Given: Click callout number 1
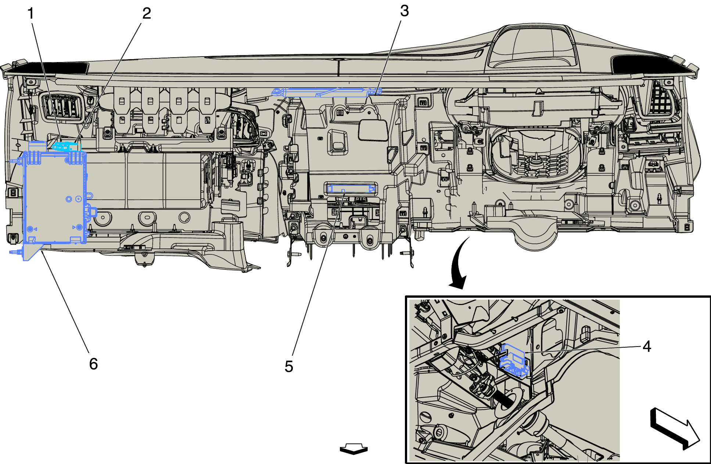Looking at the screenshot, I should coord(30,14).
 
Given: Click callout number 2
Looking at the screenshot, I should coord(147,14).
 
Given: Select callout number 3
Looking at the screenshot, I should coord(404,11).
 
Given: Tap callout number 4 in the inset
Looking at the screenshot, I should coord(647,347).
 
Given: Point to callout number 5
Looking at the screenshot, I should coord(289,367).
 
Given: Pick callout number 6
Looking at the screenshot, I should coord(93,364).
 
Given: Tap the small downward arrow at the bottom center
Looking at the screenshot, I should coord(353,449).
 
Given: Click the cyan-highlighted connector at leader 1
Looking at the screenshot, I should coord(66,146).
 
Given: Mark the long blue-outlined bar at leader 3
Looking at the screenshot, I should coord(327,92).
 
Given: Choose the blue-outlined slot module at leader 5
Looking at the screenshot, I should coord(351,189).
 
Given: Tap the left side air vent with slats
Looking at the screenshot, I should coord(62,106).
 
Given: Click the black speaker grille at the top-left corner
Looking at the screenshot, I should coord(51,68).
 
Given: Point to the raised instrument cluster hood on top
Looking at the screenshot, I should coord(533,48).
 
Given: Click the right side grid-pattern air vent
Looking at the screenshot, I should coord(661,99).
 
